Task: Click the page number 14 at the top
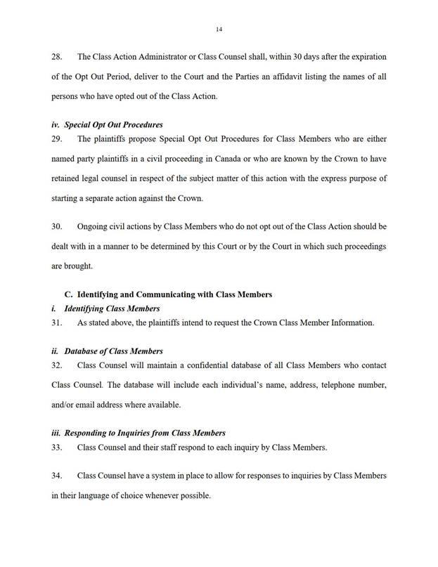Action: click(219, 30)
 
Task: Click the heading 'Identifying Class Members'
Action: click(112, 308)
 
